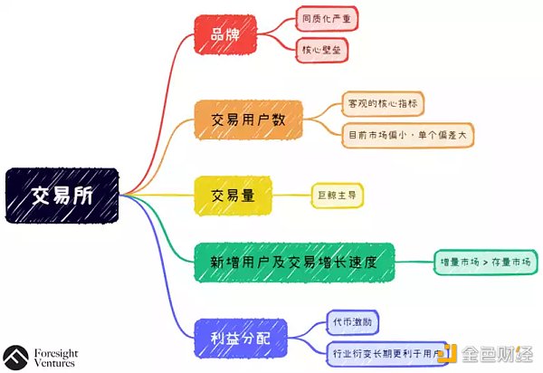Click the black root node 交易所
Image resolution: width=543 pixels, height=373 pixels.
pyautogui.click(x=62, y=195)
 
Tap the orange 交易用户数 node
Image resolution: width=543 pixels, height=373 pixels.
pyautogui.click(x=249, y=118)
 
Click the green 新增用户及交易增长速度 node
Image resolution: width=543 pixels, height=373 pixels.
pyautogui.click(x=294, y=263)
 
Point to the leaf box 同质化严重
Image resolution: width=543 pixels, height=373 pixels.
pyautogui.click(x=323, y=18)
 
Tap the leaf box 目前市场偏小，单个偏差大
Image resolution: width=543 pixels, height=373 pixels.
pyautogui.click(x=408, y=135)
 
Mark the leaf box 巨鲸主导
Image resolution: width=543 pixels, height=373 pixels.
pyautogui.click(x=336, y=194)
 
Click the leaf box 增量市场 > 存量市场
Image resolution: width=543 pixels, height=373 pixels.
pyautogui.click(x=483, y=263)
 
